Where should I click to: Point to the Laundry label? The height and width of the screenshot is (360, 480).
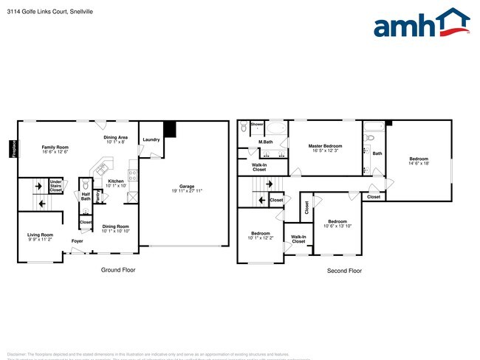pos(151,139)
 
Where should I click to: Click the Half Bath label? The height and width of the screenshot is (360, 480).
pos(86,196)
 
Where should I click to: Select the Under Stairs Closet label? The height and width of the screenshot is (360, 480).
pos(55,186)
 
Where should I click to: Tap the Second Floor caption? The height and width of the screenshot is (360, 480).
pos(344,271)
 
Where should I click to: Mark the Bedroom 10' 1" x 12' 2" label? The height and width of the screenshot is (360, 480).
pos(261,235)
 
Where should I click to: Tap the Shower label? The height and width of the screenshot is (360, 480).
pos(257,125)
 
